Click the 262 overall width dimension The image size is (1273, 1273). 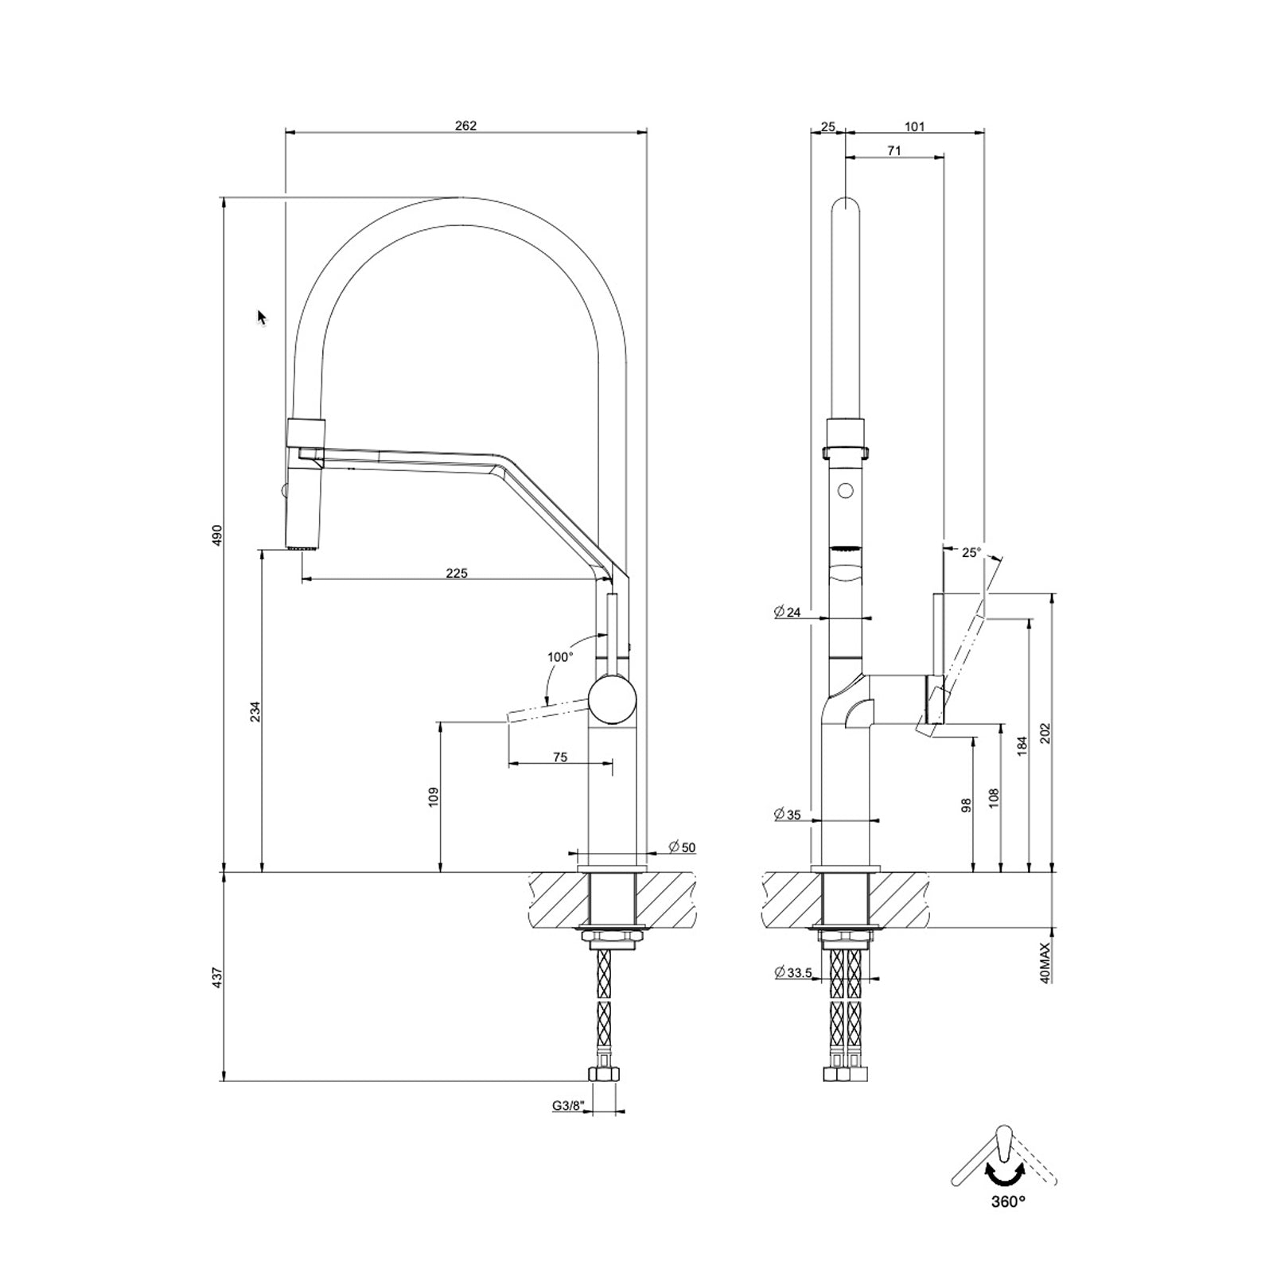465,125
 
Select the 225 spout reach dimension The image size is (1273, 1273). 457,572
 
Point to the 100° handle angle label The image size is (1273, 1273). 559,657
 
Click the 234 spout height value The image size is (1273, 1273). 255,712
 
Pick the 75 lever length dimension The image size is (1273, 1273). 560,757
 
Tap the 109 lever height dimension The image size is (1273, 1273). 433,797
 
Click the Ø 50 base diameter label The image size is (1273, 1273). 682,847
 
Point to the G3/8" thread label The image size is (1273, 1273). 569,1105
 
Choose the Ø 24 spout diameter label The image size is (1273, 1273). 787,612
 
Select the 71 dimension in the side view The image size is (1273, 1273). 894,150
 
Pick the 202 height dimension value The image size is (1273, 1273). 1045,733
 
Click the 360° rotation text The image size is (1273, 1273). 1008,1224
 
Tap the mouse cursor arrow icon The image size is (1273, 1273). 262,317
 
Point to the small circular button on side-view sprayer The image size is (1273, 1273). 846,490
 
